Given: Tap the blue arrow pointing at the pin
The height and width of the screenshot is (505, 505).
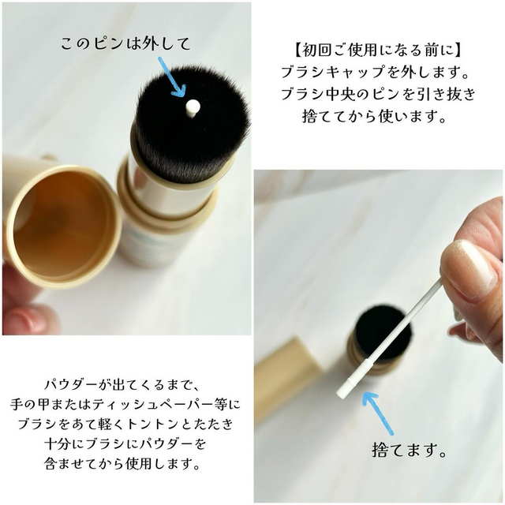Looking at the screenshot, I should [x=168, y=76].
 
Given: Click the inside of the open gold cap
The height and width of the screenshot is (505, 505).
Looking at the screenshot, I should [x=63, y=222].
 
